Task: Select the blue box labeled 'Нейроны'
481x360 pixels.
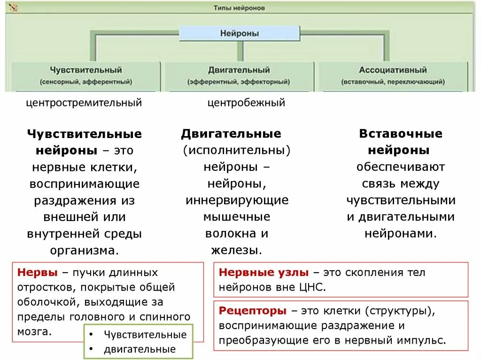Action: pyautogui.click(x=240, y=33)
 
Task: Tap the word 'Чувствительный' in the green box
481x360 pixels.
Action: pyautogui.click(x=85, y=70)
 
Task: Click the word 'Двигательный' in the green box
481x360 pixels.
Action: pyautogui.click(x=239, y=70)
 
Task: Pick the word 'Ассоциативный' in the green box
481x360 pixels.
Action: pyautogui.click(x=393, y=70)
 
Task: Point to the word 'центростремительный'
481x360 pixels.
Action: pyautogui.click(x=84, y=103)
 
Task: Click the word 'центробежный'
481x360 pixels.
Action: pyautogui.click(x=247, y=103)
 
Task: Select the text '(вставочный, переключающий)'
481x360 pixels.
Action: pyautogui.click(x=393, y=82)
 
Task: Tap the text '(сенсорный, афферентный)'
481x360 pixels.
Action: pyautogui.click(x=85, y=82)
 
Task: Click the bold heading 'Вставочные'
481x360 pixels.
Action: pyautogui.click(x=401, y=134)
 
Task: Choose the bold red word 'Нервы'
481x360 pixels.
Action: pyautogui.click(x=37, y=273)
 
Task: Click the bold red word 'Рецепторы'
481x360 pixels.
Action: pyautogui.click(x=253, y=311)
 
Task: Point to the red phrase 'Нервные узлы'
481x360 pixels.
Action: pyautogui.click(x=264, y=273)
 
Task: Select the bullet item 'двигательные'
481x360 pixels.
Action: pyautogui.click(x=140, y=349)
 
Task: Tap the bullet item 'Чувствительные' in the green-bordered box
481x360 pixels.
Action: pyautogui.click(x=145, y=335)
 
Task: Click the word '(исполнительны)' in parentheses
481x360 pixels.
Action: pyautogui.click(x=237, y=150)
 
